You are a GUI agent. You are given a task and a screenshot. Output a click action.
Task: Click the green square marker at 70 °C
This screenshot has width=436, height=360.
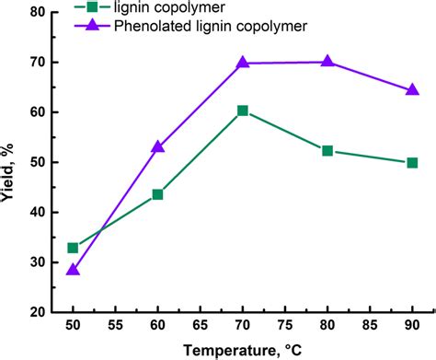[x=243, y=110]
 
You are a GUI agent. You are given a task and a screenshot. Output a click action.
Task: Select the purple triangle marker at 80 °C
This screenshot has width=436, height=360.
[x=327, y=62]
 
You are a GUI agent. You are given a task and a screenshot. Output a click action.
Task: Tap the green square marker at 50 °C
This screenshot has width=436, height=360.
[x=74, y=248]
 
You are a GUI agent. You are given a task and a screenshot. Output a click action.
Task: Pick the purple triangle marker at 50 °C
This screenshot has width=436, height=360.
[x=74, y=270]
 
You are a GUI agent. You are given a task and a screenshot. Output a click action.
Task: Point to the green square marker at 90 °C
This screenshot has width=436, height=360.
[x=412, y=163]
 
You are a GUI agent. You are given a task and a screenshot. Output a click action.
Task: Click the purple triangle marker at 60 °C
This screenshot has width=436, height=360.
[x=158, y=146]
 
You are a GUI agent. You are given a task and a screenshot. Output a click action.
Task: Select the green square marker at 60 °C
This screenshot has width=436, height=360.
[x=158, y=194]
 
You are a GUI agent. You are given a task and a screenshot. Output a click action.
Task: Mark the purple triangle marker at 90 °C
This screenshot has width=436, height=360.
[x=412, y=89]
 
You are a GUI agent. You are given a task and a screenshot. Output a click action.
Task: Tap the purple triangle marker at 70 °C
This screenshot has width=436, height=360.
[x=243, y=63]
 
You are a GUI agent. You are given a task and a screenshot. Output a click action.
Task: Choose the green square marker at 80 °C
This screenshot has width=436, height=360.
[x=327, y=151]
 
